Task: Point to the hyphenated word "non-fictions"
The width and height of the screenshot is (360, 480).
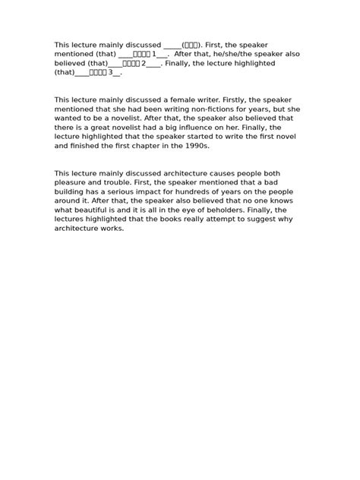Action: pyautogui.click(x=210, y=109)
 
